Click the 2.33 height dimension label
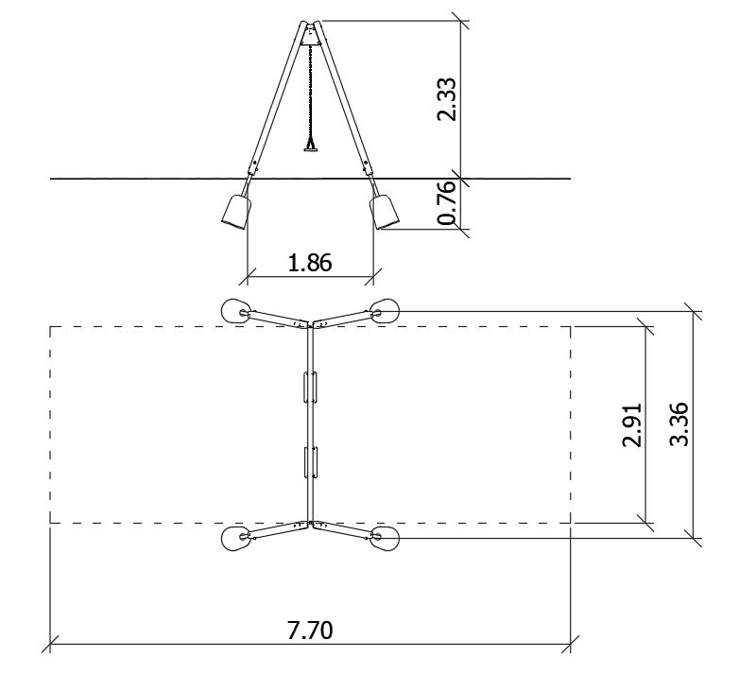[x=447, y=99]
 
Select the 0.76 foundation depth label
[x=447, y=202]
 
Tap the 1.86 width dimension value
[x=310, y=263]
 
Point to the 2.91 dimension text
[x=632, y=424]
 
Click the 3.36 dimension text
[x=679, y=424]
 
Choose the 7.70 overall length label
[x=310, y=631]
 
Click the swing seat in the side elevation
[x=310, y=149]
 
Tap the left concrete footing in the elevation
[x=236, y=212]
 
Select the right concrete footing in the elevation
[x=384, y=212]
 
